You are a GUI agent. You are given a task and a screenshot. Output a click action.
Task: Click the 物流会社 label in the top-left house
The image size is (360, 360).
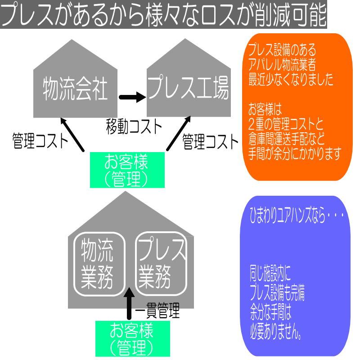(75, 89)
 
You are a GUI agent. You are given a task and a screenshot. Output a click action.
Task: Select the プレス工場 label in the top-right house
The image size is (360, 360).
(188, 88)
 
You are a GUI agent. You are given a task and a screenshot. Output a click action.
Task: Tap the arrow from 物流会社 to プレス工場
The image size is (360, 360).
(132, 97)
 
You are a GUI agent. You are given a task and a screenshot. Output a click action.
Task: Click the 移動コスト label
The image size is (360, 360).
(134, 126)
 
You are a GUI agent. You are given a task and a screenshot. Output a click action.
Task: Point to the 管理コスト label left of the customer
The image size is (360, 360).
(40, 141)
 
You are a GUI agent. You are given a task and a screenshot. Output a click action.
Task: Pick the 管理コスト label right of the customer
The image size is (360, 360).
(210, 142)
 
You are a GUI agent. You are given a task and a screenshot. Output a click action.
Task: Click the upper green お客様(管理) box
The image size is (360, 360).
(127, 170)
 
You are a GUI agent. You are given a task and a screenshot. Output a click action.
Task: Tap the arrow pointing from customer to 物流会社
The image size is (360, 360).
(72, 134)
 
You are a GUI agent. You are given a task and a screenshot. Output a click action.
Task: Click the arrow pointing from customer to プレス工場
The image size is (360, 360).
(178, 133)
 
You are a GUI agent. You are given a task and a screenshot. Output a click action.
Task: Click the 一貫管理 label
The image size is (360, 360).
(157, 310)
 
